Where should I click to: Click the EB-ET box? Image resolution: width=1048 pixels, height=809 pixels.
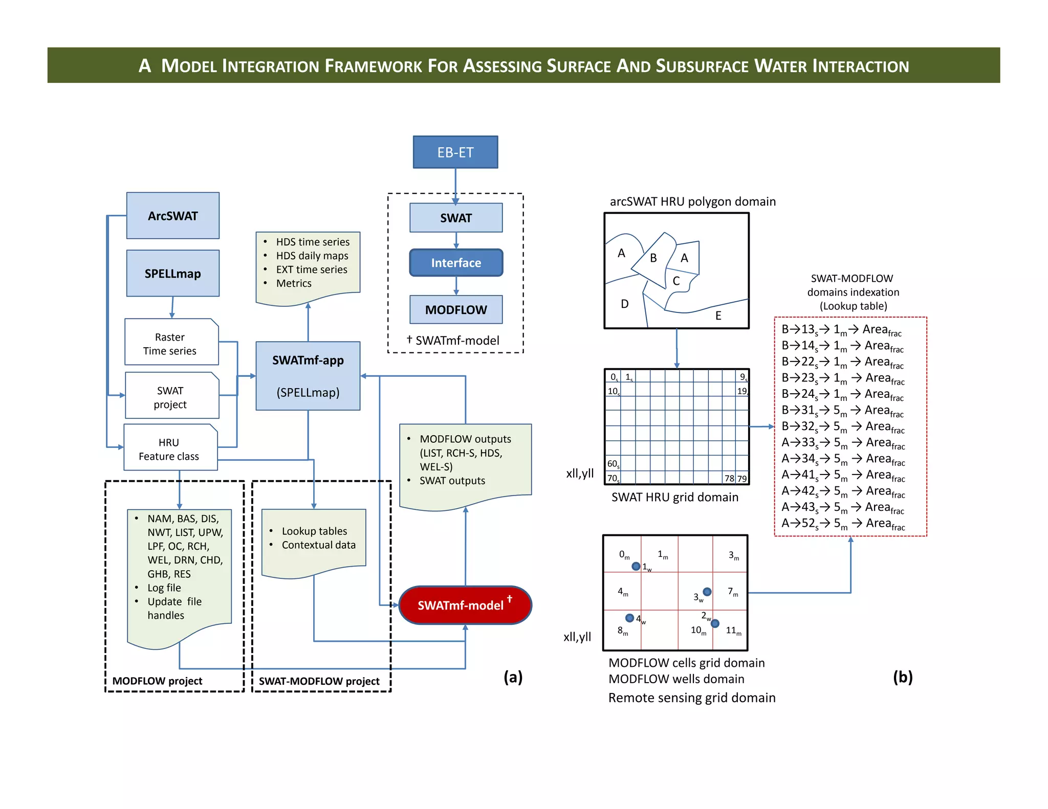coord(455,152)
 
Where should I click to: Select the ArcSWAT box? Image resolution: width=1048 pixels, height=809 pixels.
coord(172,216)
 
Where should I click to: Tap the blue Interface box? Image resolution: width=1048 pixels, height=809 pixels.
coord(456,263)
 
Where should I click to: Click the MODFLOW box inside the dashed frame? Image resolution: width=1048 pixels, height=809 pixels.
coord(456,310)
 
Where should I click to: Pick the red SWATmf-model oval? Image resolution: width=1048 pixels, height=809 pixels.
coord(465,605)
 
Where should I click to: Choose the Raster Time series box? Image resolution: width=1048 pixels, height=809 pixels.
coord(171,343)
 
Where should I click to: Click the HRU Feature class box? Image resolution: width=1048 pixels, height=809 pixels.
coord(170,449)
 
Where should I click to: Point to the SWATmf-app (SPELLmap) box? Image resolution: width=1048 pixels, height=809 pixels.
coord(308,376)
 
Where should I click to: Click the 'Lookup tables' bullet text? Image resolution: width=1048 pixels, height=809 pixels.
coord(314,531)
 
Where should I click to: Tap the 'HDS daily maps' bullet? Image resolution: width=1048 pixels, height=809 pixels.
coord(312,256)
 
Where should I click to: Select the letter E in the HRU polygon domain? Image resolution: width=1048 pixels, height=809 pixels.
coord(718,316)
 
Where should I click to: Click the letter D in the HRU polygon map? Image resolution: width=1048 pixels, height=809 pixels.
coord(624,304)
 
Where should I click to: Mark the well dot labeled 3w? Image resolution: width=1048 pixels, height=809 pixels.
coord(707,592)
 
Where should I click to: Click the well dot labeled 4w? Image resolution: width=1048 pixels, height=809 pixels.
coord(630,618)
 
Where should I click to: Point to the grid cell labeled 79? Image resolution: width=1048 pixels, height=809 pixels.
coord(742,479)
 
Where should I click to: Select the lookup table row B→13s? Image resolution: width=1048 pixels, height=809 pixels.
coord(841,330)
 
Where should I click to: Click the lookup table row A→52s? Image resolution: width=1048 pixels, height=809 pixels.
coord(842,524)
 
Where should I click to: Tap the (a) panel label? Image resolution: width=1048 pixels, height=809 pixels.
coord(513,677)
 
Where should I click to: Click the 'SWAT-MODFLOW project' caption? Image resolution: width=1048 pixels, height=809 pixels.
coord(319,681)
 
